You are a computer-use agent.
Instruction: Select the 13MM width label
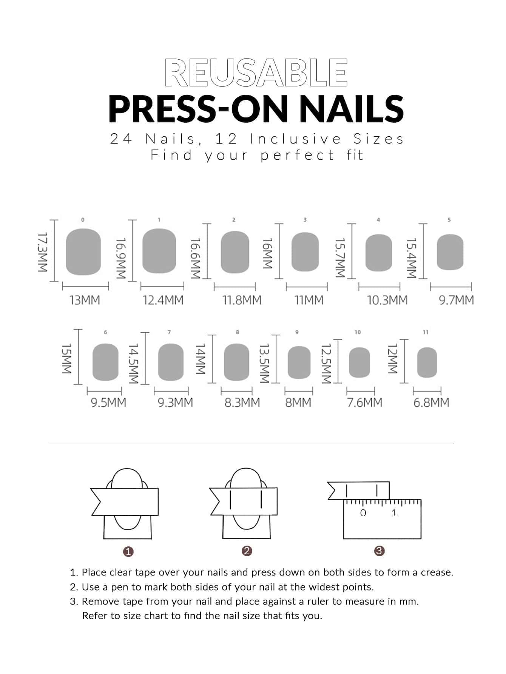85,300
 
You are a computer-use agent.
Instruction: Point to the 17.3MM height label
42,252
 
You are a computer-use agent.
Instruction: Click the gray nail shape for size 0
83,252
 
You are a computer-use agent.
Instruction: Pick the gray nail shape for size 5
450,252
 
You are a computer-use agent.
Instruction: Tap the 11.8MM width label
242,300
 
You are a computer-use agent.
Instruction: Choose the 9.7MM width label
456,300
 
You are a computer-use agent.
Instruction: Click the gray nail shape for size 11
427,362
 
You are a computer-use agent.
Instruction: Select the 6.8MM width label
431,403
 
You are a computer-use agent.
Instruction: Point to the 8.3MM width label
242,403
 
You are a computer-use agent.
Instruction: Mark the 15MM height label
66,359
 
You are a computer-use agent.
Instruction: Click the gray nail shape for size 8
237,362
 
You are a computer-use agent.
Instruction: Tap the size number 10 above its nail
358,332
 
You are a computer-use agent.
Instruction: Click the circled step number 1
129,552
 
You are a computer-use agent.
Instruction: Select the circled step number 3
379,551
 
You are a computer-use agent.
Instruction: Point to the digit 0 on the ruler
363,513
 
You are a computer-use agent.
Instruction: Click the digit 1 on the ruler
394,513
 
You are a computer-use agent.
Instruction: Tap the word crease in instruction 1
437,572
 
